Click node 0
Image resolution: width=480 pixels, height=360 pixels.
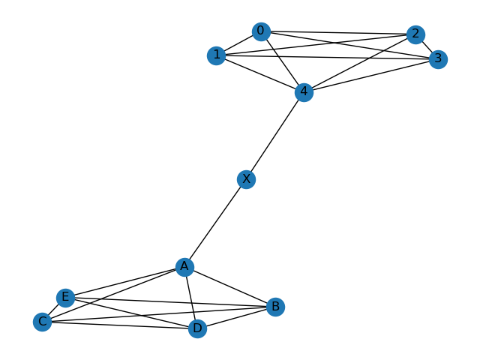pyautogui.click(x=260, y=31)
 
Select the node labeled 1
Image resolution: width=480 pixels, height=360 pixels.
pyautogui.click(x=216, y=55)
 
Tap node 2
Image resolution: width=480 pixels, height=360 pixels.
pyautogui.click(x=415, y=34)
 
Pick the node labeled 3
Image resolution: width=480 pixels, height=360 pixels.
pyautogui.click(x=438, y=59)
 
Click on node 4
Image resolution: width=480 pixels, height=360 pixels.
pyautogui.click(x=303, y=92)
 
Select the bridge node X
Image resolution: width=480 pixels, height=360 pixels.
pyautogui.click(x=245, y=179)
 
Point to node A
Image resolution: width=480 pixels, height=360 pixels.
pyautogui.click(x=184, y=266)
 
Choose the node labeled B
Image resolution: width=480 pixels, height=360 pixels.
pyautogui.click(x=275, y=306)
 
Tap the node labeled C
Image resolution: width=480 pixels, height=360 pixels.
pyautogui.click(x=43, y=322)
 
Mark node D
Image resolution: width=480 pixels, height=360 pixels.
pyautogui.click(x=197, y=328)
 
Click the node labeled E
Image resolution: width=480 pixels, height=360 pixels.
pyautogui.click(x=65, y=298)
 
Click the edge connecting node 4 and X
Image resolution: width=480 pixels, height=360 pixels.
pyautogui.click(x=274, y=136)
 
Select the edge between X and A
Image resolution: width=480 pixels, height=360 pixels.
pyautogui.click(x=215, y=223)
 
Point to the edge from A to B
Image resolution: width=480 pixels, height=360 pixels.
pyautogui.click(x=229, y=286)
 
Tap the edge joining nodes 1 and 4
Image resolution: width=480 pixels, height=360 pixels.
pyautogui.click(x=259, y=73)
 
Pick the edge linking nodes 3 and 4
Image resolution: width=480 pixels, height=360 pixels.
pyautogui.click(x=370, y=76)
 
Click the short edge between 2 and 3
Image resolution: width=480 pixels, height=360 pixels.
pyautogui.click(x=427, y=46)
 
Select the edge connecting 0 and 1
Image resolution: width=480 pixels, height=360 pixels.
pyautogui.click(x=238, y=43)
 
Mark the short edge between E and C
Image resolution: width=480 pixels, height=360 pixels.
pyautogui.click(x=54, y=310)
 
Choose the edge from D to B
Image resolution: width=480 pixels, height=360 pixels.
pyautogui.click(x=236, y=317)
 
